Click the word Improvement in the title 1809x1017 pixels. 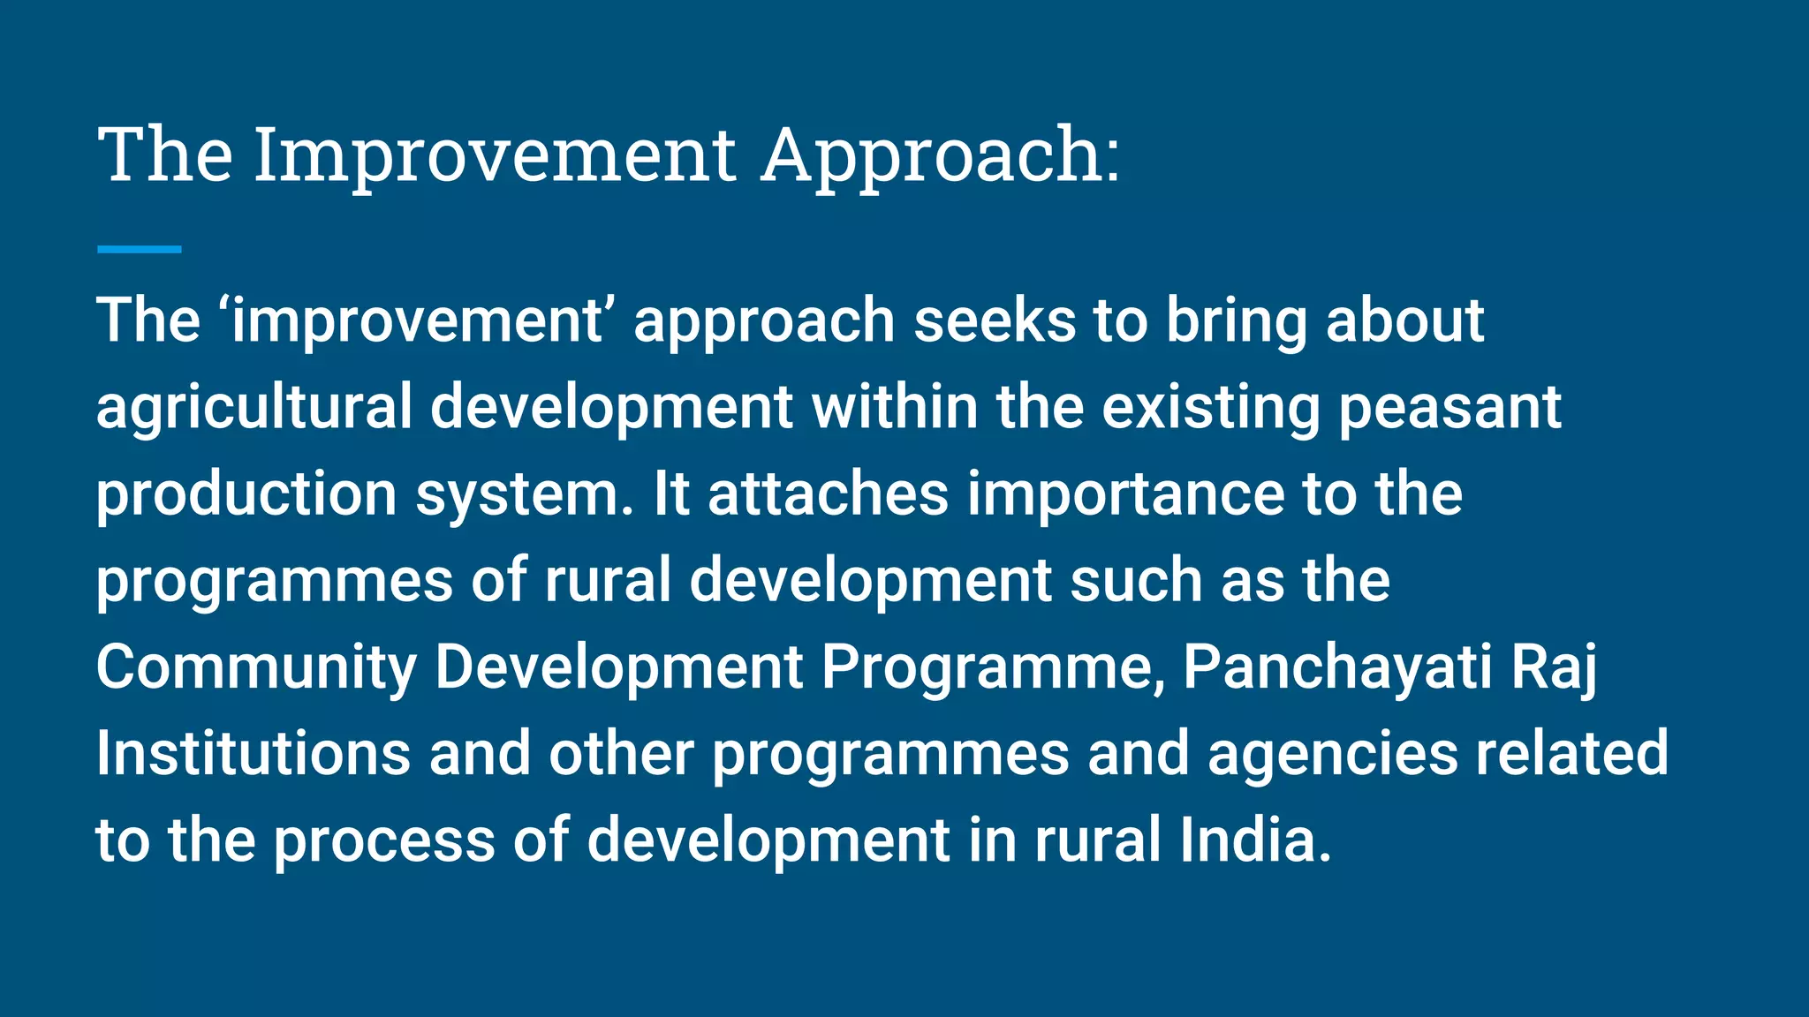(495, 155)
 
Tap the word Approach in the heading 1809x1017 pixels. (940, 155)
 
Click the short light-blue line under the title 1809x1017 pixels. (139, 250)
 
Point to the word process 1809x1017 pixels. (384, 840)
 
